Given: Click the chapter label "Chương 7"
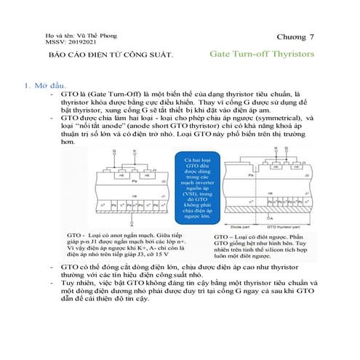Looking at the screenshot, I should (296, 36).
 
